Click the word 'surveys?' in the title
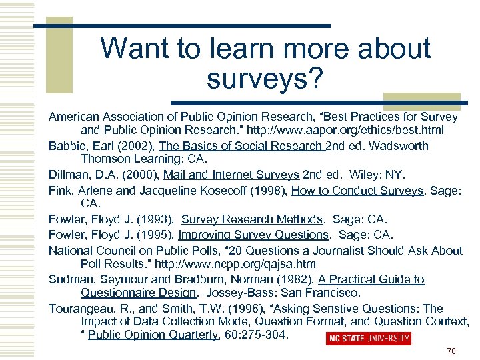click(x=265, y=79)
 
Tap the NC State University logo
click(x=368, y=339)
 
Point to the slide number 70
click(x=451, y=351)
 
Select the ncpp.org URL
click(x=243, y=263)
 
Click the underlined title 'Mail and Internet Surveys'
click(x=238, y=175)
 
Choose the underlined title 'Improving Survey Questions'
click(x=253, y=234)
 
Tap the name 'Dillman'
click(x=69, y=175)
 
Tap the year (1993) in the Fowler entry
click(x=155, y=219)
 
